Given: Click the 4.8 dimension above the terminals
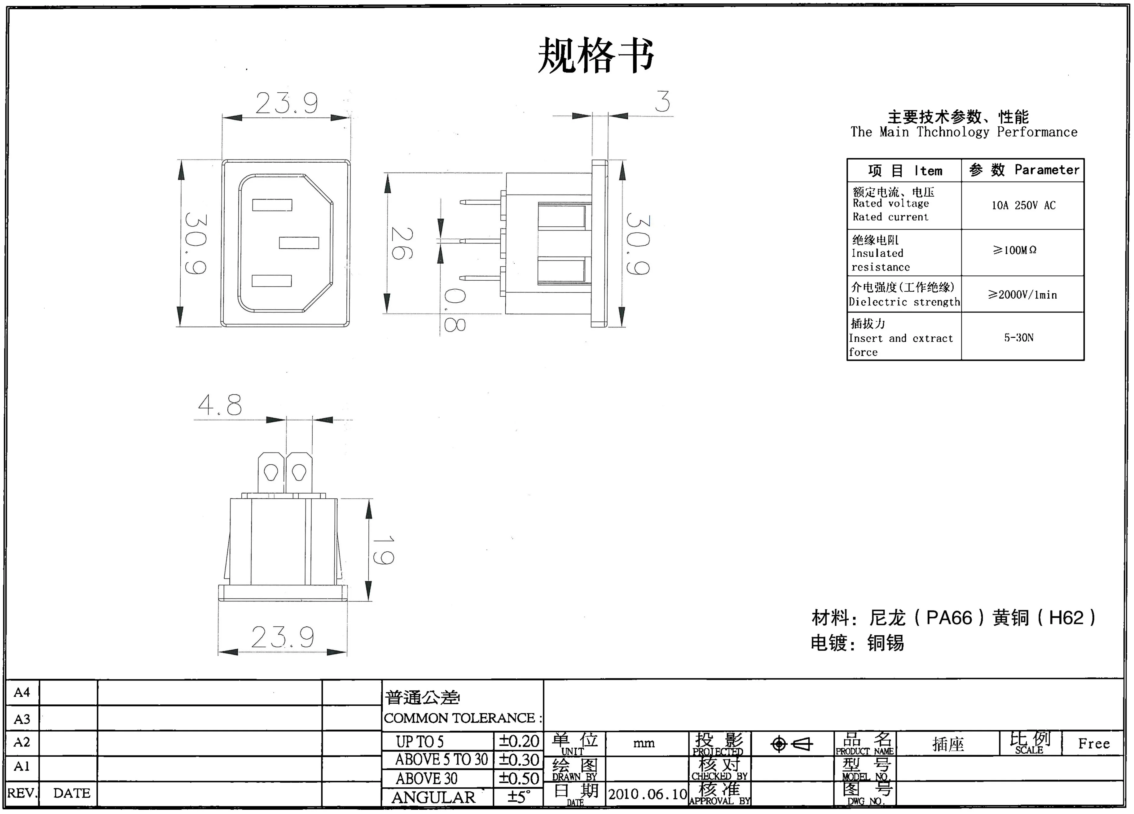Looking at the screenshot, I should click(220, 405).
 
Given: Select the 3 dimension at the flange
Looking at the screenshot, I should click(662, 102).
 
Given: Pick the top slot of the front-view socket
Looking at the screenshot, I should click(272, 205).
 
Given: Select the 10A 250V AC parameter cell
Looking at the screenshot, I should click(1023, 205).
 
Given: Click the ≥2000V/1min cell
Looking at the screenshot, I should click(1022, 295).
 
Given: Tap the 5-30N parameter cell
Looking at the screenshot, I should click(1018, 338).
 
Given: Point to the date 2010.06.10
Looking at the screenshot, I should click(648, 794).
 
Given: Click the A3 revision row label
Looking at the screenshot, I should click(22, 719).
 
